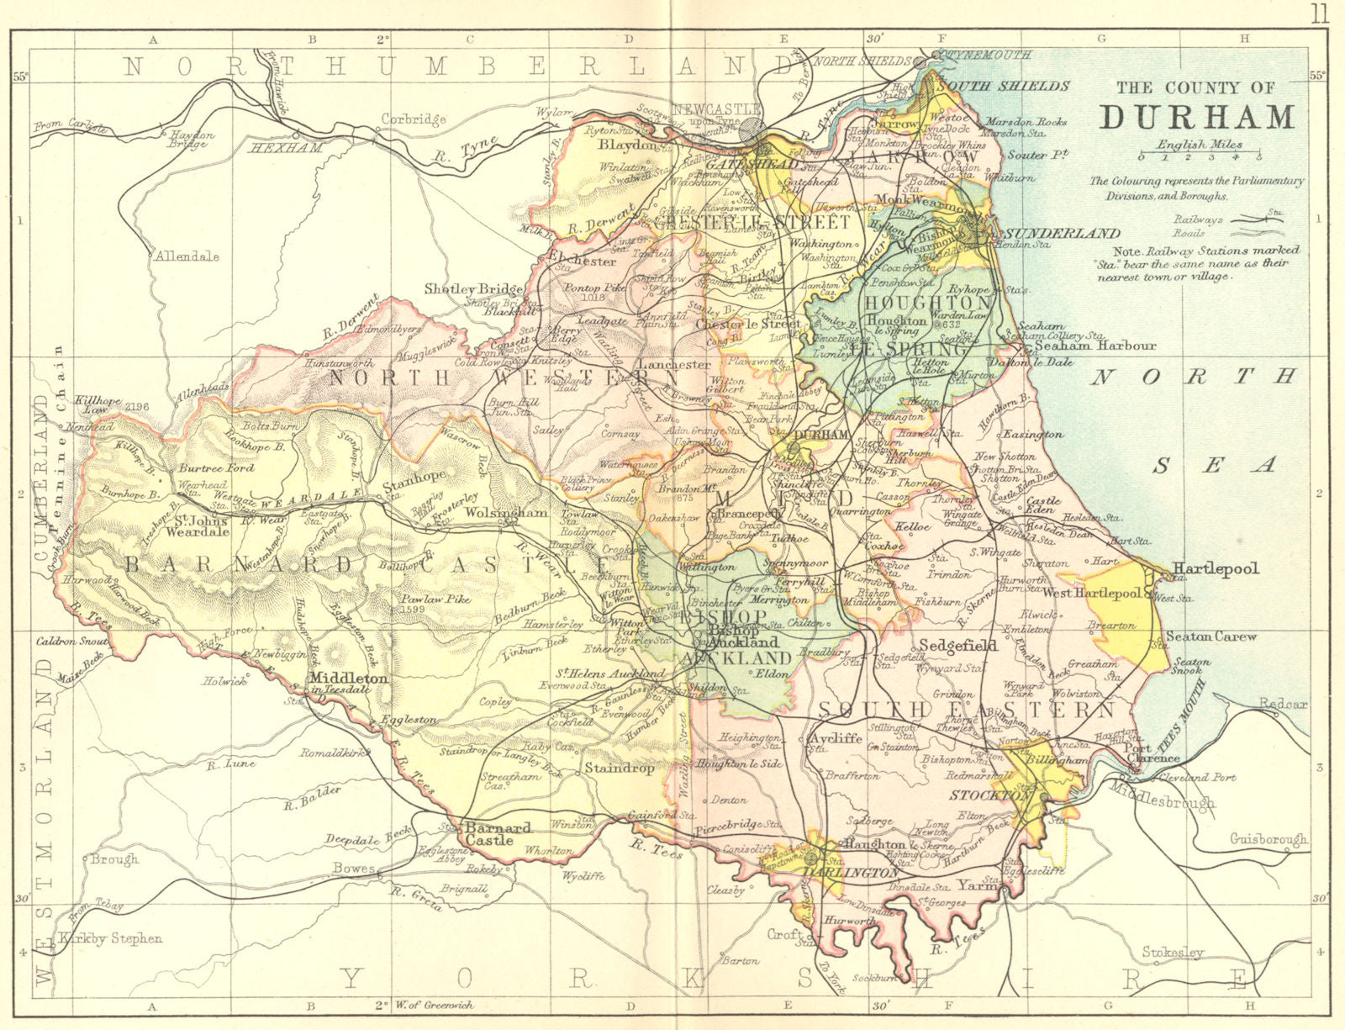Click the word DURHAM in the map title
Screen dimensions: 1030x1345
point(1197,117)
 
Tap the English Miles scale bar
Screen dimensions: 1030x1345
point(1200,156)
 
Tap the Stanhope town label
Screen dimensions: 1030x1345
point(414,487)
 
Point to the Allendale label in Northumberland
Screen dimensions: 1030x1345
point(186,256)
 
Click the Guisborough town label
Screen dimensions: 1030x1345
point(1268,839)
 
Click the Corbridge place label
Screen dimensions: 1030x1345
point(413,119)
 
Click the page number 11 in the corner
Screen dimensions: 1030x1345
point(1319,13)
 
